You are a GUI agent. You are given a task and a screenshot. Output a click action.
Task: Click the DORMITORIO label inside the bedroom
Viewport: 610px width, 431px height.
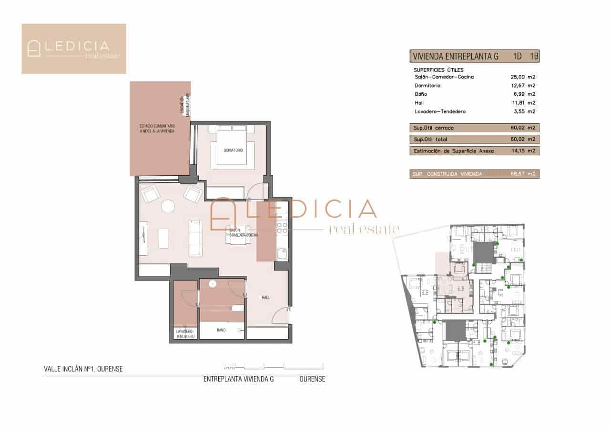233,150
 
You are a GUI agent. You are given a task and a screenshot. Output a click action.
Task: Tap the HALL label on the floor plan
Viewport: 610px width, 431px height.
265,298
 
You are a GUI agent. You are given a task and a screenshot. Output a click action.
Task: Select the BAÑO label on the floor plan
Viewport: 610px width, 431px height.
221,330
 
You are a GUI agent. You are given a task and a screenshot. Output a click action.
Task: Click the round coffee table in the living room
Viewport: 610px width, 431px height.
168,206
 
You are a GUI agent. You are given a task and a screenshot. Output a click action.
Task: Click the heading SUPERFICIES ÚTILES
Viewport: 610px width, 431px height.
438,70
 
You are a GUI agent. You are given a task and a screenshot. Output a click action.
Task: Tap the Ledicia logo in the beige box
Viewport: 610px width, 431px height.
74,49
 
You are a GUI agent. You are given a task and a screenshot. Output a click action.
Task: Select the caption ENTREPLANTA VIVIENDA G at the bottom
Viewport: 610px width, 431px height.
239,380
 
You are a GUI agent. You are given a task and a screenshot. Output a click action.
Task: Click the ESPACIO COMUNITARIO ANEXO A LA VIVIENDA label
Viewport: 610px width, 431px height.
157,129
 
